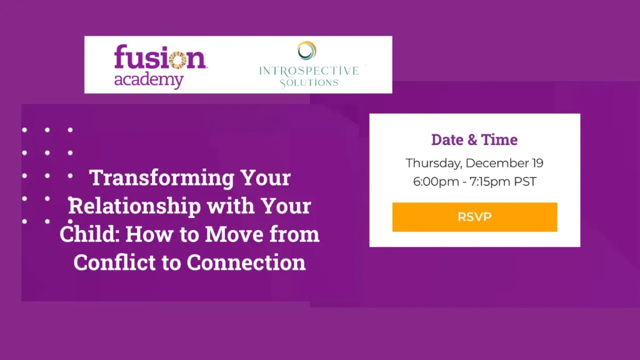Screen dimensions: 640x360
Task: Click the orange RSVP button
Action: point(475,217)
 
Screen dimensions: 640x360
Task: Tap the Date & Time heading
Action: point(474,140)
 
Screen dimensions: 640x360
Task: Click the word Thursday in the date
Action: point(434,163)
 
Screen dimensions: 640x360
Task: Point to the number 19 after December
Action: point(538,163)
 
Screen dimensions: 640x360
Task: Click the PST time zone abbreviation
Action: point(525,181)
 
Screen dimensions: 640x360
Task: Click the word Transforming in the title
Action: point(162,178)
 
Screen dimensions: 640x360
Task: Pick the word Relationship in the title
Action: point(135,206)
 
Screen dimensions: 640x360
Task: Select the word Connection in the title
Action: point(246,262)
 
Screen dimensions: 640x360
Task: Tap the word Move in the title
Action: point(234,234)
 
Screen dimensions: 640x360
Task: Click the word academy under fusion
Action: point(149,81)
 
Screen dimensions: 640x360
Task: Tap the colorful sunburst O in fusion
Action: point(178,61)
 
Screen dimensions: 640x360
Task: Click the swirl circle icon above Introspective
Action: point(307,51)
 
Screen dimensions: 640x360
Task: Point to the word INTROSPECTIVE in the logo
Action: point(309,70)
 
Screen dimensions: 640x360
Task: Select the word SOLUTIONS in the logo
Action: point(309,83)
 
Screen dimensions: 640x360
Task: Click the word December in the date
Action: point(497,163)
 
